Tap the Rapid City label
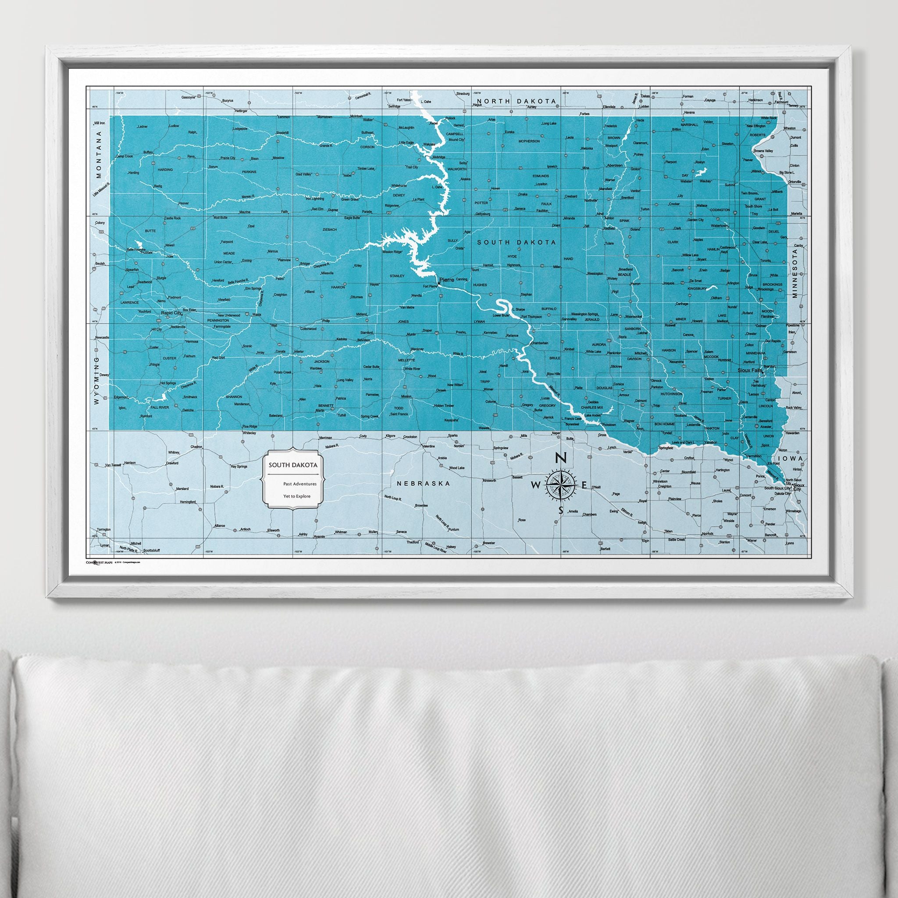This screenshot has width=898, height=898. [171, 313]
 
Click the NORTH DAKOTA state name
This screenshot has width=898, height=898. [510, 101]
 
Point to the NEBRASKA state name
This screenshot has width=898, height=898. [424, 483]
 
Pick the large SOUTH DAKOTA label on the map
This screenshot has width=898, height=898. [516, 242]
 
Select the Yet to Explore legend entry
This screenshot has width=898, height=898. [296, 496]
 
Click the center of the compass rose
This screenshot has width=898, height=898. [561, 485]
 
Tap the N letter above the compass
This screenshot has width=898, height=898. [561, 458]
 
